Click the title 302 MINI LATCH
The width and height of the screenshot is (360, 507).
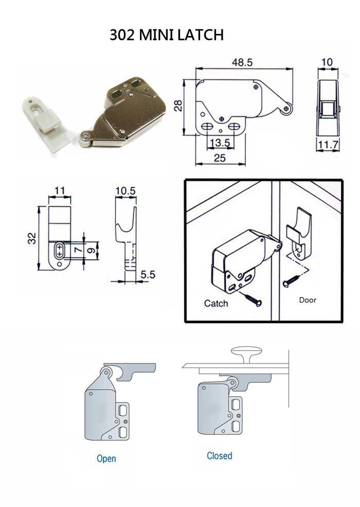point(167,35)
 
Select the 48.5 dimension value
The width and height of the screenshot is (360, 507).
point(242,62)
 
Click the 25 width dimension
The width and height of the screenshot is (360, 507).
point(220,159)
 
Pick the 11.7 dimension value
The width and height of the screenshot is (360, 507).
point(328,146)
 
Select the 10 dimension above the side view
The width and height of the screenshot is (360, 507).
point(327,62)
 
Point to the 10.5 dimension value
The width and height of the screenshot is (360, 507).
point(125,191)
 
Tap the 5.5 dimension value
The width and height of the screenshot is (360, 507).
point(149,275)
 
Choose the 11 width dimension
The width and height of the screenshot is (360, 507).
point(60,191)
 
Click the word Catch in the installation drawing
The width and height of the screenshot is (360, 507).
point(216,303)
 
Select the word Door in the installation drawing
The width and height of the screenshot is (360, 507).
point(308,300)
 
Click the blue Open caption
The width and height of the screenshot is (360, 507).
point(106,458)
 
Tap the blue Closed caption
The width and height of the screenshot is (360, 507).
point(220,456)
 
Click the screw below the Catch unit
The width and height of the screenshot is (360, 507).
point(252,299)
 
